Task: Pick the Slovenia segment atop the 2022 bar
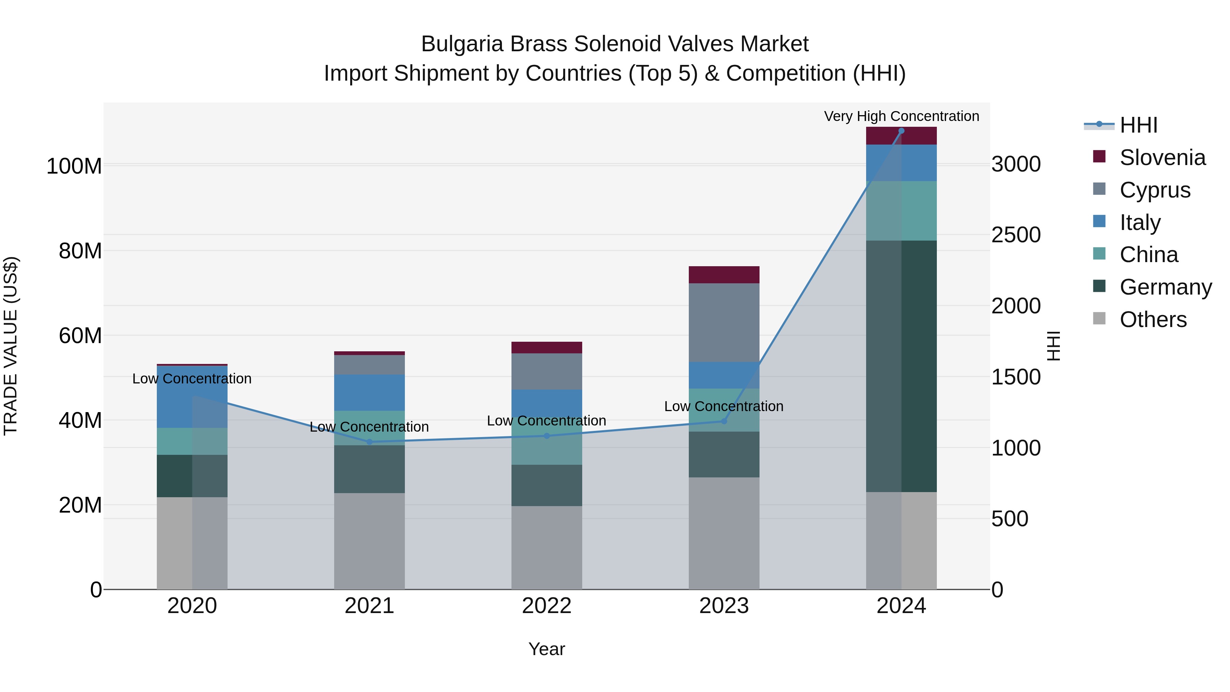(547, 348)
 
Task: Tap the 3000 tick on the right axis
(1016, 164)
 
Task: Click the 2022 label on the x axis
(547, 606)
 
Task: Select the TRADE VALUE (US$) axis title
(11, 346)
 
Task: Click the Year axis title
(546, 649)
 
